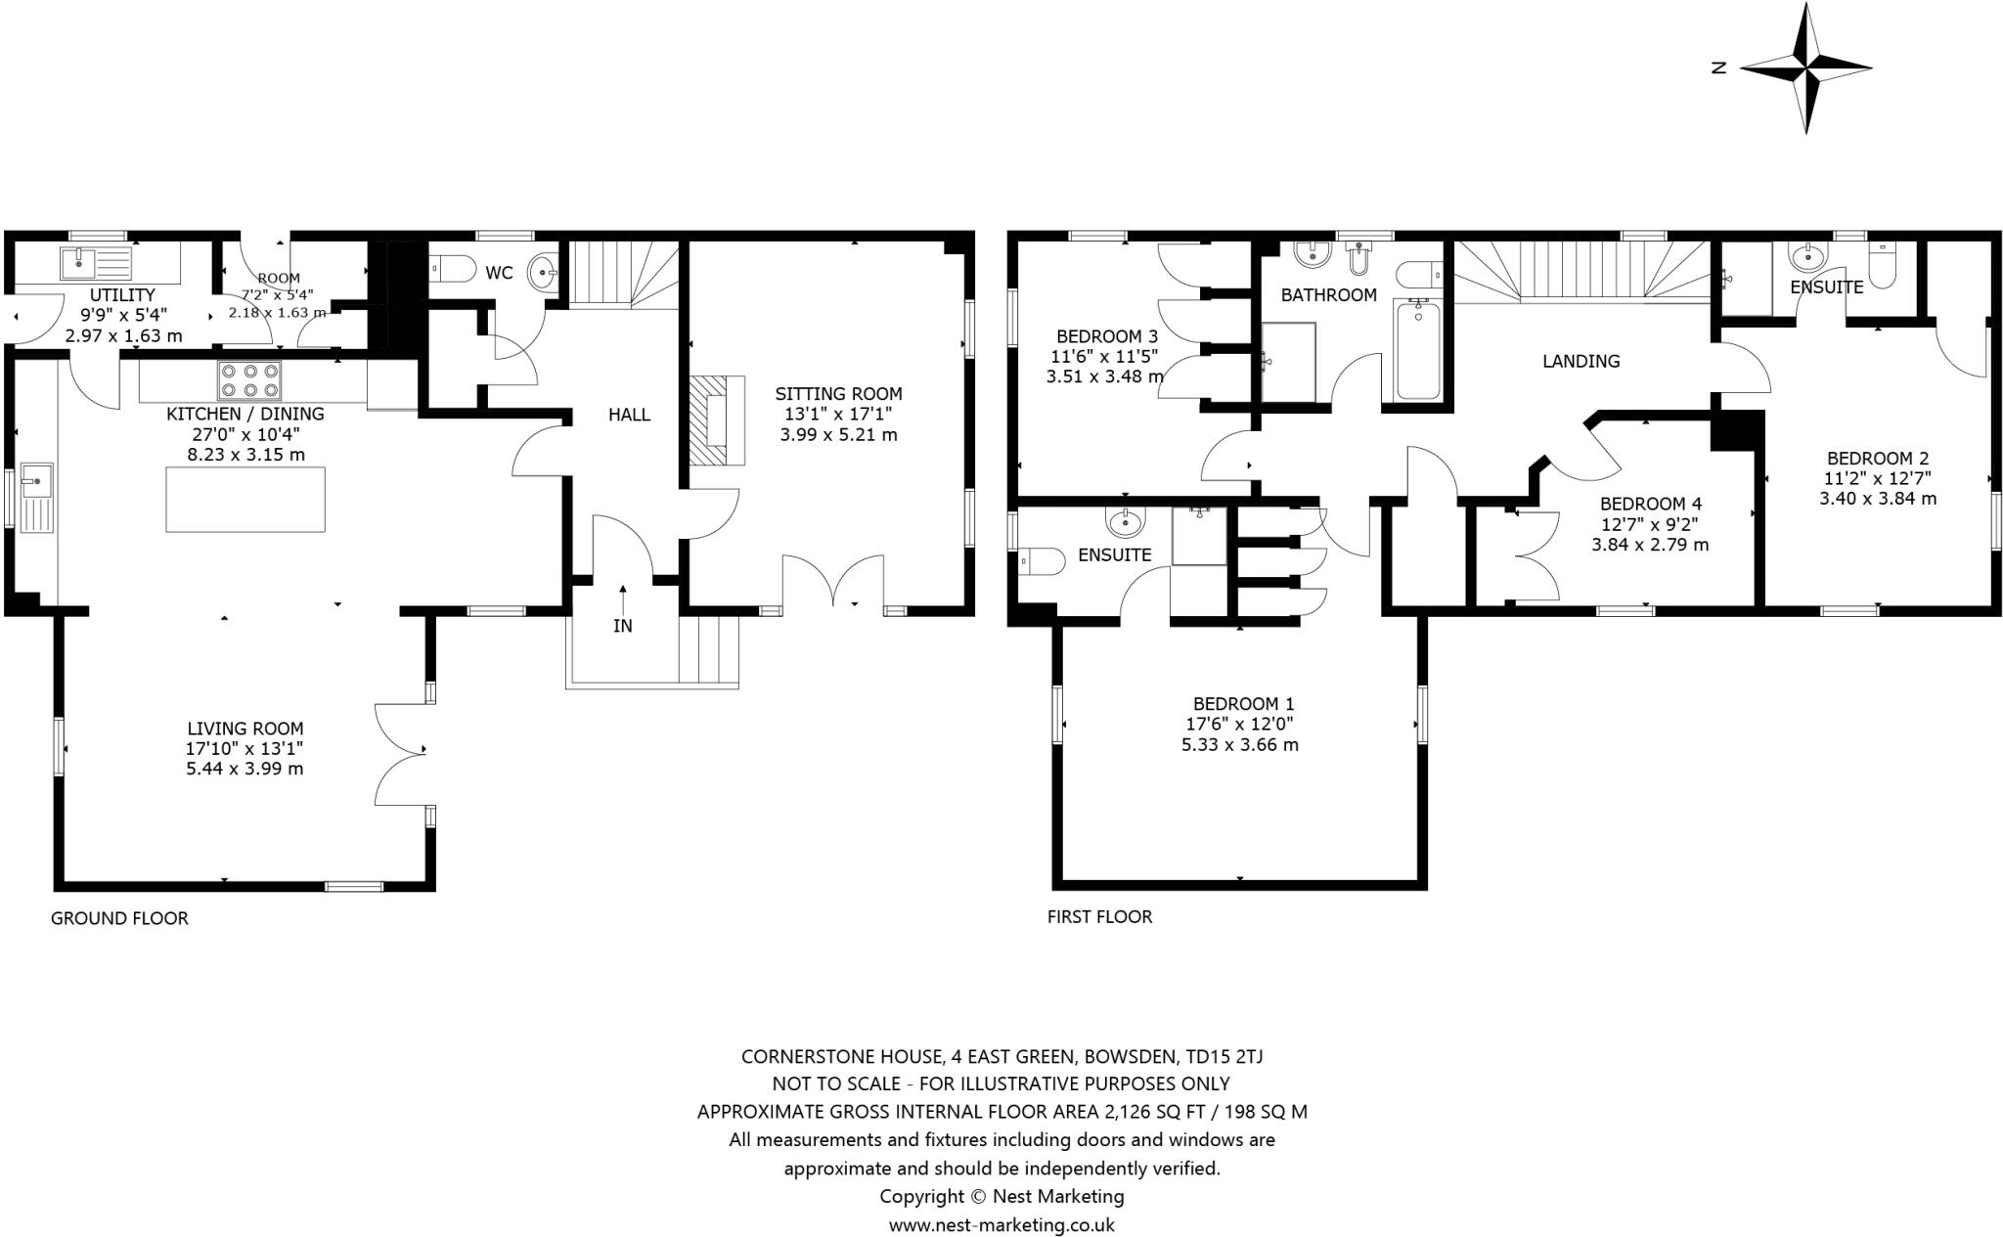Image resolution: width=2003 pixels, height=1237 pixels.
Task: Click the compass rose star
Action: coord(1805,68)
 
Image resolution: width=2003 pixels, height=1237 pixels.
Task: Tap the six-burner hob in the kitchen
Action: coord(250,380)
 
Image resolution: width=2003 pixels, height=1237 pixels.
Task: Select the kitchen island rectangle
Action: coord(245,500)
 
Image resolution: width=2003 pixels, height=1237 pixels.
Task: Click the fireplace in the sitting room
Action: coord(715,420)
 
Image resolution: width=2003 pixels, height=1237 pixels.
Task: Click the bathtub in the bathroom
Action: coord(1417,350)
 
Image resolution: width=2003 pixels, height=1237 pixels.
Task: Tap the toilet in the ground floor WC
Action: coord(452,267)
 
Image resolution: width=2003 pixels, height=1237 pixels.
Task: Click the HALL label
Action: coord(629,415)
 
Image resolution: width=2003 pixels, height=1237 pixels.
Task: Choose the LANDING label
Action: coord(1580,361)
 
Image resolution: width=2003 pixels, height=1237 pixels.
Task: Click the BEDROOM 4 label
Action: coord(1650,504)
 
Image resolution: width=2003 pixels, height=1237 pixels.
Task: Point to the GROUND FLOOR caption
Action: coord(119,918)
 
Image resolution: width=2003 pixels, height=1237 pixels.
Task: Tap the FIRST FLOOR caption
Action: coord(1099,916)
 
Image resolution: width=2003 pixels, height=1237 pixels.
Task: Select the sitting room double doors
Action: coord(834,583)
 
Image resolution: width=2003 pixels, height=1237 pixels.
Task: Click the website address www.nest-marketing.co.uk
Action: coord(1001,1224)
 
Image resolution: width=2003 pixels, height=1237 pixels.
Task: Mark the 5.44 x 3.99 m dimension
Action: coord(245,769)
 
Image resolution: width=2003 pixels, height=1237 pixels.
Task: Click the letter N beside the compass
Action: coord(1718,67)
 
